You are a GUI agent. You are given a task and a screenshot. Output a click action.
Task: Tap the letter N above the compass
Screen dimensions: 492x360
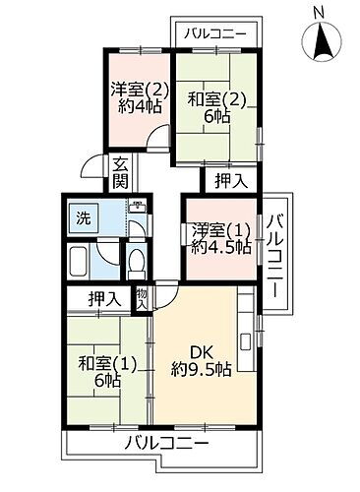320,12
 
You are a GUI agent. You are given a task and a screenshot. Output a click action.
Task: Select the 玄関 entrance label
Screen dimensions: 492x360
119,173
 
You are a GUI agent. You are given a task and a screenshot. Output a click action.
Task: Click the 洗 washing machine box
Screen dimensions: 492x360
84,219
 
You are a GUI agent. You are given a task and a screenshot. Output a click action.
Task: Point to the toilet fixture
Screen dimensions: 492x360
137,263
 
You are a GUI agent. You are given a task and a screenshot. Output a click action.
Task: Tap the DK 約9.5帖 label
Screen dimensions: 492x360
201,361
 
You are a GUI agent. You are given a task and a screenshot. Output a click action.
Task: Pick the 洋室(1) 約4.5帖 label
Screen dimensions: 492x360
218,239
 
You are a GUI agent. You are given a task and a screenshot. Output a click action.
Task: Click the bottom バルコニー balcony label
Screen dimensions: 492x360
167,444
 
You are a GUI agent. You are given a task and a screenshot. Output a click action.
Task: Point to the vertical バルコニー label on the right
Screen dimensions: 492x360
278,248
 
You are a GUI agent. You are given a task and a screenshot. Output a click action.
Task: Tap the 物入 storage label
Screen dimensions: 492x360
143,297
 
